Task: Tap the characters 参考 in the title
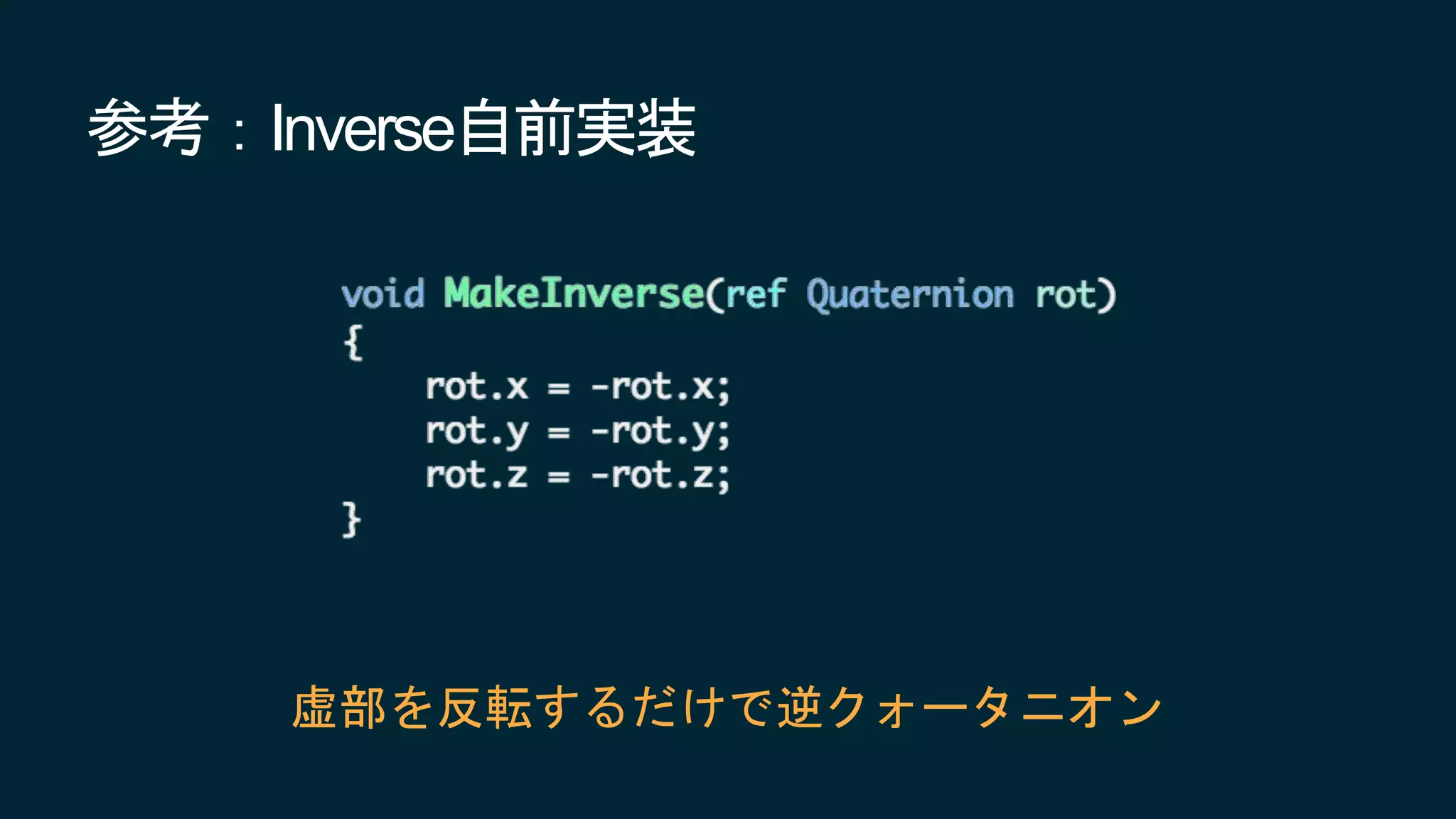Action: click(x=148, y=128)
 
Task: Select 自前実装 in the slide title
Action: click(x=577, y=128)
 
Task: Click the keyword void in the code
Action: click(x=382, y=294)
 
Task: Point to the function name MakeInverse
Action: click(x=574, y=293)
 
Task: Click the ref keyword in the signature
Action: click(x=756, y=294)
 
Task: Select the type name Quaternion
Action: click(x=910, y=294)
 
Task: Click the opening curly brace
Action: click(x=353, y=342)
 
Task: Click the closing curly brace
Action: click(x=351, y=520)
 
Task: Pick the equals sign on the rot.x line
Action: click(x=559, y=388)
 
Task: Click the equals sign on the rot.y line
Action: click(x=559, y=432)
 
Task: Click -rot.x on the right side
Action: click(x=660, y=387)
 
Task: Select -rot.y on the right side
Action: click(x=660, y=432)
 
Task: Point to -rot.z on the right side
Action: click(x=660, y=476)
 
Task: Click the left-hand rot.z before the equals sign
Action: click(x=476, y=476)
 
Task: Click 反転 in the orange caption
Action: click(x=485, y=707)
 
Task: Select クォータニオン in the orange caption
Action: click(x=995, y=707)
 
